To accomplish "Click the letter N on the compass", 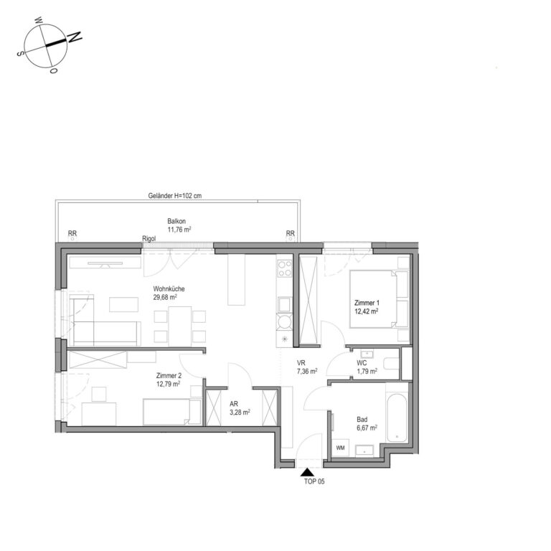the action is tap(75, 37).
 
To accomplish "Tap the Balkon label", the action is tap(176, 222).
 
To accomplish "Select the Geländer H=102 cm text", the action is tap(174, 196).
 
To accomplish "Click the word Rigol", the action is tap(149, 239).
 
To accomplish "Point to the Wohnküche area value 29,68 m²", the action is tap(165, 297).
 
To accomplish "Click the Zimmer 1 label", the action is tap(367, 303).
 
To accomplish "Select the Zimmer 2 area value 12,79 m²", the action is tap(169, 384).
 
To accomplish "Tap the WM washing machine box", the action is tap(340, 448).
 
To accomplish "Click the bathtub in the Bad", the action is tap(397, 418).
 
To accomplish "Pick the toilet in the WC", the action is tap(391, 363).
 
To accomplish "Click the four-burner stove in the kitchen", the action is tap(285, 268).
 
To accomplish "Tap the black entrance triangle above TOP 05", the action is tap(307, 472).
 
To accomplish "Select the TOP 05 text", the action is tap(314, 481).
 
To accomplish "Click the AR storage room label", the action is tap(234, 404).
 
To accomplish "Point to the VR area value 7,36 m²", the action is tap(307, 371).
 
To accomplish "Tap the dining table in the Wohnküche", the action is tap(180, 326).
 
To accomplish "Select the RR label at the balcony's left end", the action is tap(72, 233).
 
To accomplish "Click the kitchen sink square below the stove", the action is tap(285, 305).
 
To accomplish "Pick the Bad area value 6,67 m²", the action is tap(367, 428).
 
